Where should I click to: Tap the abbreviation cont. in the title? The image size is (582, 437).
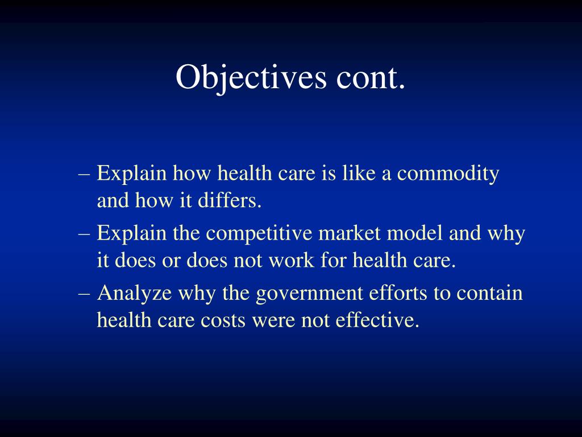(x=371, y=77)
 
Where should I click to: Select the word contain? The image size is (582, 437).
(x=489, y=294)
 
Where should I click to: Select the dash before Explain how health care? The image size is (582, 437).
(x=85, y=174)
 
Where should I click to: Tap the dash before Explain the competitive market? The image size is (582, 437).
(x=85, y=234)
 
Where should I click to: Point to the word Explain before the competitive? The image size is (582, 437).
(x=131, y=234)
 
